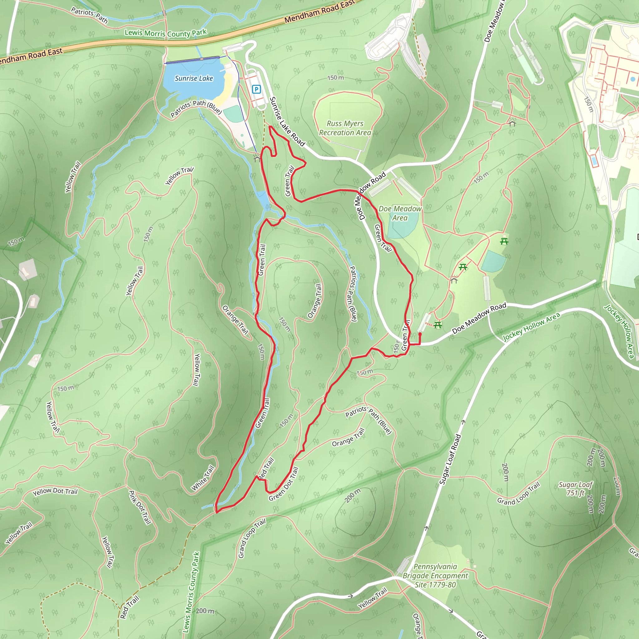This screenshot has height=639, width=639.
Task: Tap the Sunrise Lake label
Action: (194, 78)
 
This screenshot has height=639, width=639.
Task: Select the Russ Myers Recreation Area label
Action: (345, 128)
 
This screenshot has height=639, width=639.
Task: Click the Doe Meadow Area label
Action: (400, 213)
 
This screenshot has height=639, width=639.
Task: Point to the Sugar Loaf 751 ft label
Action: (575, 489)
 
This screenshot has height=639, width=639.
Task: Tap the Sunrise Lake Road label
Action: (287, 121)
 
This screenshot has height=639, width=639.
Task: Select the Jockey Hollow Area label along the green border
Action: (531, 326)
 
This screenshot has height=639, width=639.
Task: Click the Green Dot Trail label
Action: (284, 484)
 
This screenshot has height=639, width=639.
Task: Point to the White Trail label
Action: (203, 478)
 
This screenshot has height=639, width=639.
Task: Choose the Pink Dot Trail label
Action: (140, 507)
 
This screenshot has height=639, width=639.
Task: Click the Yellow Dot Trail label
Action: (55, 491)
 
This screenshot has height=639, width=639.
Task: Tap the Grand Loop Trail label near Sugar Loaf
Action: (518, 494)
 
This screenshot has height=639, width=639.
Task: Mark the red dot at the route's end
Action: (420, 334)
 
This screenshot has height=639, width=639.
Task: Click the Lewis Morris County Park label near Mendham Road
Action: (165, 33)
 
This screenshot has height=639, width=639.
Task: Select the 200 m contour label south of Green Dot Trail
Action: (352, 495)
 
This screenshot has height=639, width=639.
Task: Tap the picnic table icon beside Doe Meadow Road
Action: (438, 325)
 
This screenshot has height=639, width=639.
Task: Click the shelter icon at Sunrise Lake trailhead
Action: (257, 158)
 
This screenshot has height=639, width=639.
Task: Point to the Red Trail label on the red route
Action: (266, 468)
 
